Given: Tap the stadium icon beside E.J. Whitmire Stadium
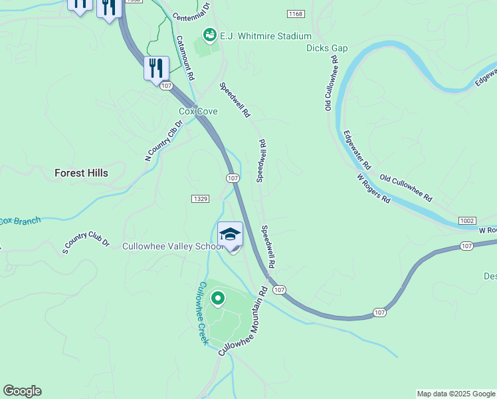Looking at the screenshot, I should tap(209, 33).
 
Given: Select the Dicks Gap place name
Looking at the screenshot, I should tap(327, 48).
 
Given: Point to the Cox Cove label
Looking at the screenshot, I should tap(198, 112).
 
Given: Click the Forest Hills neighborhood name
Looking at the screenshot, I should tap(81, 173).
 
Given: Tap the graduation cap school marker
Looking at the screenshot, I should tap(231, 235).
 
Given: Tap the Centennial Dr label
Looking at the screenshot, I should tap(191, 10).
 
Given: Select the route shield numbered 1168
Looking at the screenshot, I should tap(296, 14).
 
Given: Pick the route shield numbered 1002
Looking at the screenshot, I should tap(466, 220).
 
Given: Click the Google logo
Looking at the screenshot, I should tap(22, 391).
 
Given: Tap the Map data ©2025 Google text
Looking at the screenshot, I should tap(455, 394).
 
